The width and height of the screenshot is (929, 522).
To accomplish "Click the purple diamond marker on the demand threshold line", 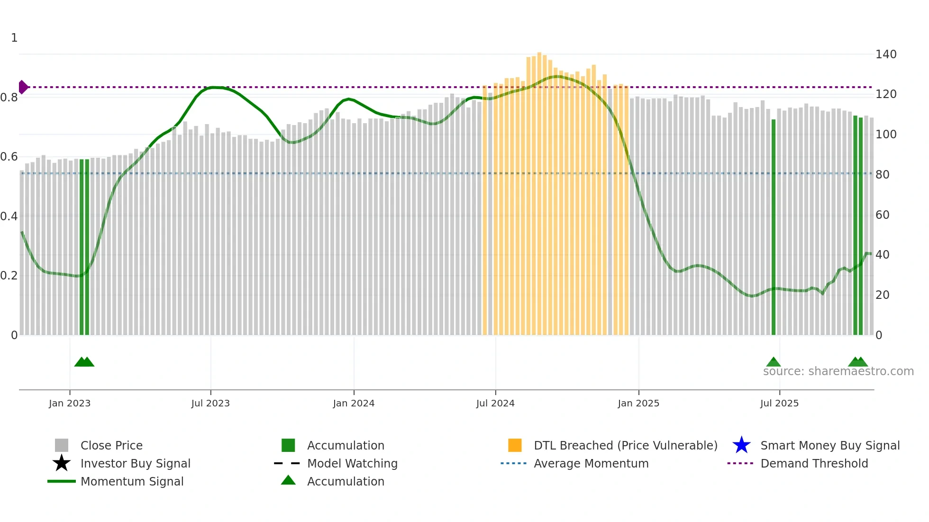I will (23, 87).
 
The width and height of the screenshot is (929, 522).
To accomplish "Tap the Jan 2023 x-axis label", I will (70, 403).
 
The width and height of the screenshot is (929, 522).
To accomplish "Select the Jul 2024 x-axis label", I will (495, 403).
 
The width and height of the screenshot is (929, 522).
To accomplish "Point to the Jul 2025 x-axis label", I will (779, 403).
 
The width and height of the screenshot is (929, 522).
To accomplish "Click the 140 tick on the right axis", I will (885, 54).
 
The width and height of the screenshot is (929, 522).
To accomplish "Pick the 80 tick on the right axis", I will (882, 175).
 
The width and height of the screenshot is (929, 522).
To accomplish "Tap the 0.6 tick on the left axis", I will (9, 157).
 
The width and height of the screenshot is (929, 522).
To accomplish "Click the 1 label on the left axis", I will (14, 38).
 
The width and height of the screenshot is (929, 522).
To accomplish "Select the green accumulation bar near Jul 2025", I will (774, 227).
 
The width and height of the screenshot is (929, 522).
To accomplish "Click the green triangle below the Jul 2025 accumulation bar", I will (774, 362).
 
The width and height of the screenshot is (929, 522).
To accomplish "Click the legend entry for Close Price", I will (111, 445).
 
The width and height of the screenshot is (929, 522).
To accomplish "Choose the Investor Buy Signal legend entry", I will (135, 463).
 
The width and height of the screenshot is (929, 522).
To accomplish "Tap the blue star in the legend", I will (741, 445).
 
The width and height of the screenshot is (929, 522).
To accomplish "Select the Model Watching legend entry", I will (352, 463).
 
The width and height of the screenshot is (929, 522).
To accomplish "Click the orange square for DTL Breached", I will (515, 445).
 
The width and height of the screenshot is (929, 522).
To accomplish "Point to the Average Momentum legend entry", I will (591, 463).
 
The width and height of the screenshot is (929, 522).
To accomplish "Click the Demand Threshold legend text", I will (814, 463).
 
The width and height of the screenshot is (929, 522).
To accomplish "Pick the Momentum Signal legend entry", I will (132, 481).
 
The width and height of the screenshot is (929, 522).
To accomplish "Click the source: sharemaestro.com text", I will (838, 371).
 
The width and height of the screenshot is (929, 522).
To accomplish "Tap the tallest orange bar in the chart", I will (539, 189).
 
